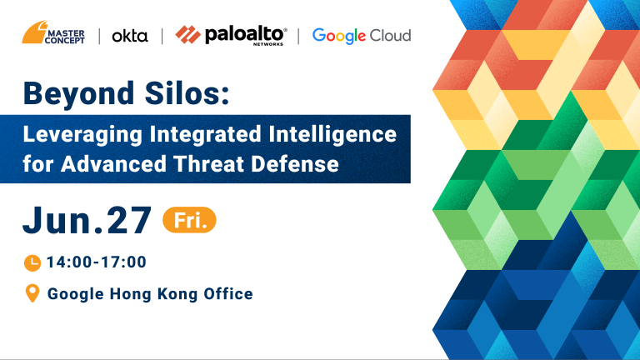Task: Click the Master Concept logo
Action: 53,32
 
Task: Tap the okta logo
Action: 130,36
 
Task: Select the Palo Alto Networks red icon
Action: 187,35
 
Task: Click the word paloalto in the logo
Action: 244,35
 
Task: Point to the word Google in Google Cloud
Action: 339,36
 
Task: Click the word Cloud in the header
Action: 390,36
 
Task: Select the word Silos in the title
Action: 187,93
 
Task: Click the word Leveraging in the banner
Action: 82,135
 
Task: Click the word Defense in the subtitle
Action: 295,163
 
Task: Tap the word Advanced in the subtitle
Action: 113,163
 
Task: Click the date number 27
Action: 129,220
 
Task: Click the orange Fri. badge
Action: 189,220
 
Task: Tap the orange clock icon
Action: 32,262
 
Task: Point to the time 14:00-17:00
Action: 97,262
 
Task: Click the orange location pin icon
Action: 32,293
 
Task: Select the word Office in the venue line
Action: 228,294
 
